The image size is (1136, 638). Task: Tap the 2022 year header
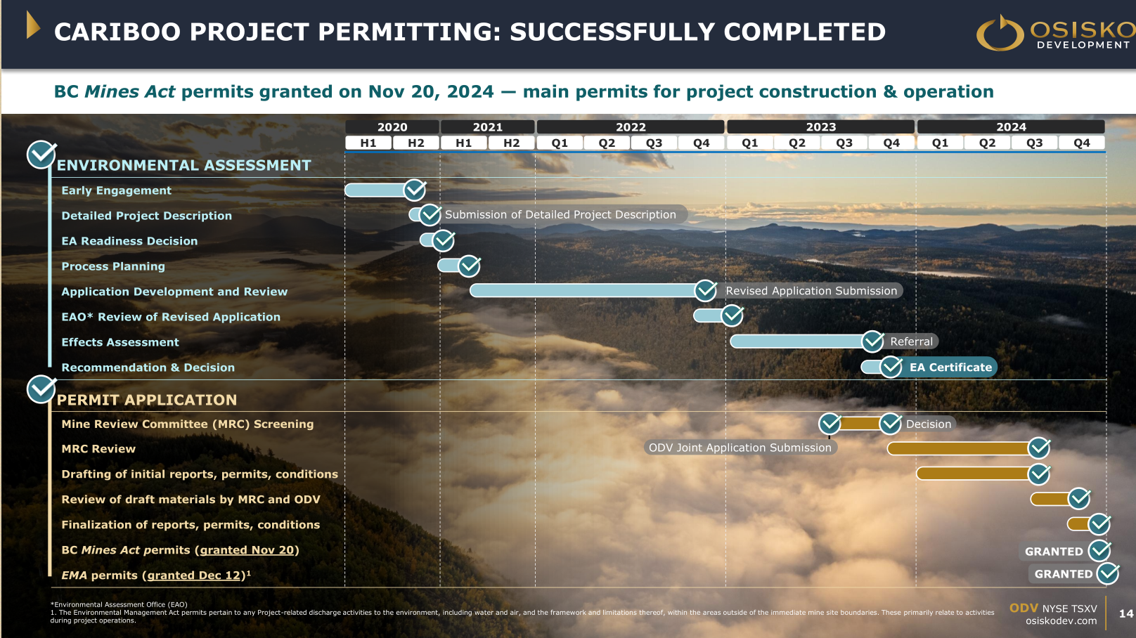(x=631, y=126)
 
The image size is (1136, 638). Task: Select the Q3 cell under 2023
(x=844, y=143)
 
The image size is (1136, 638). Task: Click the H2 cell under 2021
(x=511, y=143)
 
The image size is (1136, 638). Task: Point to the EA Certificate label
(x=950, y=367)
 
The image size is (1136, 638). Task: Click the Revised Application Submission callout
(x=811, y=291)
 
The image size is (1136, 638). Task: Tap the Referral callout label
(x=911, y=341)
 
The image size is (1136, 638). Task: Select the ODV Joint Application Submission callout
(x=740, y=448)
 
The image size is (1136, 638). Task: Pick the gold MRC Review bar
(x=959, y=448)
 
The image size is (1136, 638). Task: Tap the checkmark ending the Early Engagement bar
(x=415, y=190)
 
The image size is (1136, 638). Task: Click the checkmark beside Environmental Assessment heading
(x=41, y=155)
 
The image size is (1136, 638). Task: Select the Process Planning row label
(x=113, y=266)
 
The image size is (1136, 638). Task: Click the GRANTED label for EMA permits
(x=1064, y=574)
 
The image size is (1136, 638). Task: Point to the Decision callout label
(x=929, y=424)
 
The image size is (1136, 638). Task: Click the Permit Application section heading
(x=146, y=400)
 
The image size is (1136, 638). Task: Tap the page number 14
(x=1126, y=613)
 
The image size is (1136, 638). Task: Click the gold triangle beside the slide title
(x=33, y=25)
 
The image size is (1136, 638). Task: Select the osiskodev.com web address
(x=1061, y=620)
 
